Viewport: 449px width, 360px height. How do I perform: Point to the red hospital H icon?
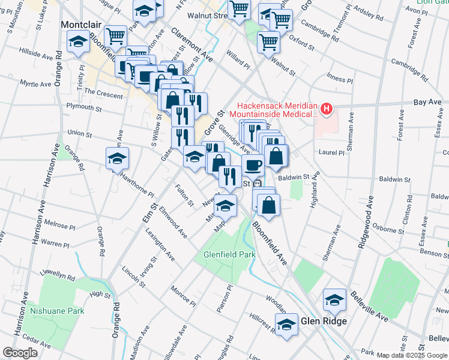[326, 109]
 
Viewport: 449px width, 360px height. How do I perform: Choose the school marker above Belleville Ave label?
[334, 299]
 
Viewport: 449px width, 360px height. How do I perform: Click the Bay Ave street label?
[427, 103]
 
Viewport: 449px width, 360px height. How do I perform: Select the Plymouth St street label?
[84, 108]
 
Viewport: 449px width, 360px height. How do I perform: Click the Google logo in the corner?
[20, 353]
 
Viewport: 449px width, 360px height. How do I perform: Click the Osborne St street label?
[388, 229]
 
